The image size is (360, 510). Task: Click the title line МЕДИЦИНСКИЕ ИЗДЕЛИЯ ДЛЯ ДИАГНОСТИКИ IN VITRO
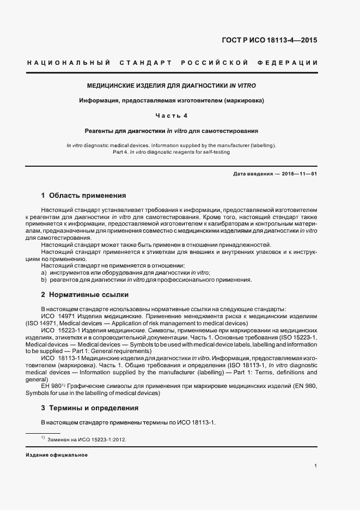(x=172, y=86)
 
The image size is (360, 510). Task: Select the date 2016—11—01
(x=299, y=173)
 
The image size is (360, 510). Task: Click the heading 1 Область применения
(x=83, y=195)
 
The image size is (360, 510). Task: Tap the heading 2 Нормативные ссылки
(x=84, y=295)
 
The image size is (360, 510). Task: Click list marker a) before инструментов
(x=44, y=272)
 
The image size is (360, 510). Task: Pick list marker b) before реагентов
(x=44, y=280)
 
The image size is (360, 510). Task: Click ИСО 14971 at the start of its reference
(x=57, y=316)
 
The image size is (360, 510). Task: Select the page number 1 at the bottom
(x=316, y=465)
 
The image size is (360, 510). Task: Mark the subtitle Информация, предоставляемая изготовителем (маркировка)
(x=171, y=101)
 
